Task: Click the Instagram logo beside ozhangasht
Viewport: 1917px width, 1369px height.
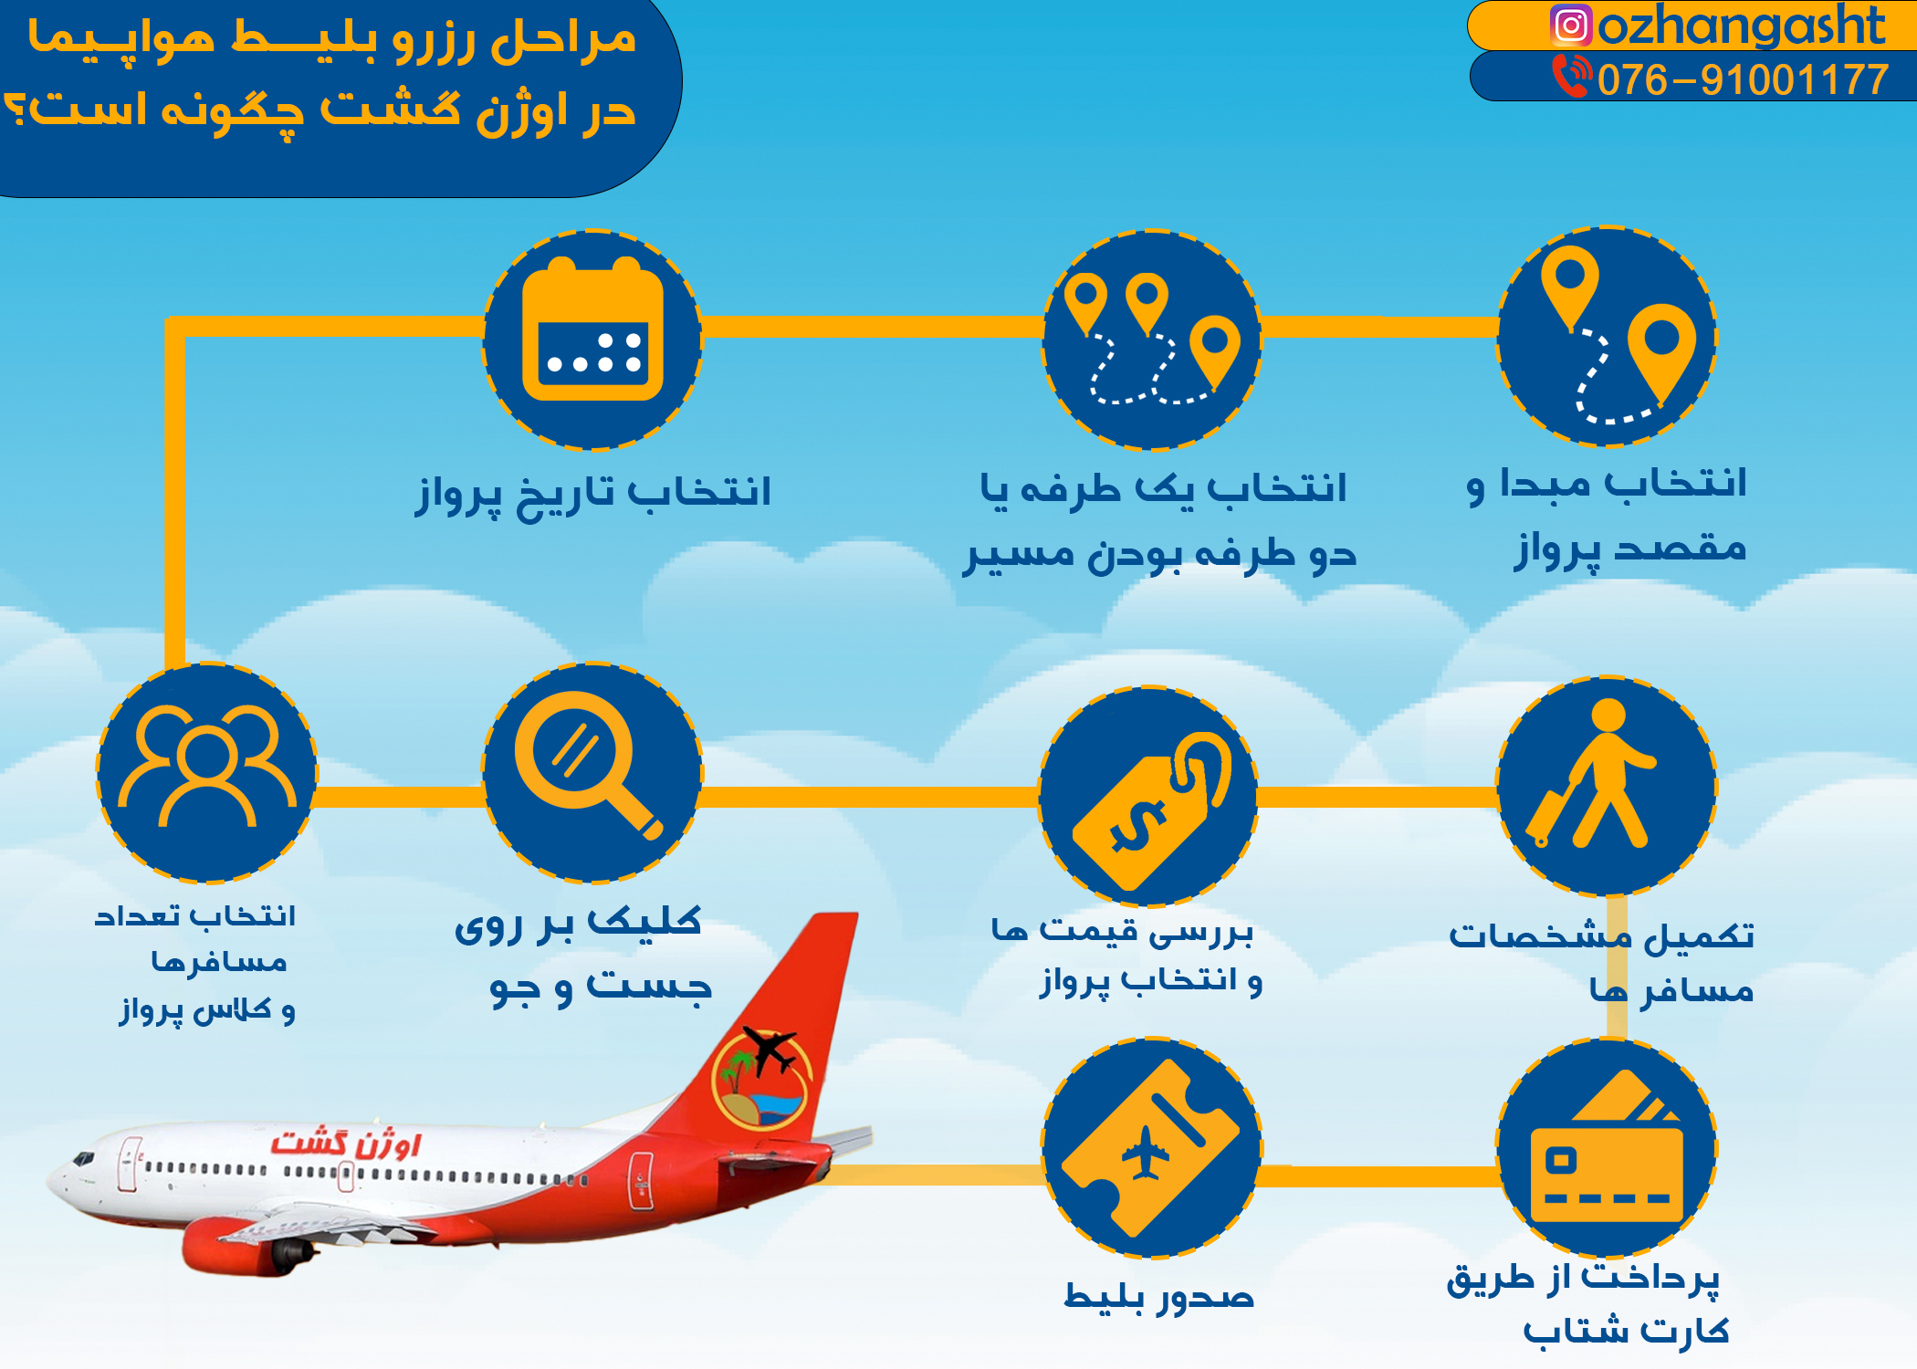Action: pyautogui.click(x=1571, y=26)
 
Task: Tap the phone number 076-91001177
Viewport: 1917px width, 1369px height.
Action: pyautogui.click(x=1743, y=79)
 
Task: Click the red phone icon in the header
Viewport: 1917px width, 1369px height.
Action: pyautogui.click(x=1571, y=76)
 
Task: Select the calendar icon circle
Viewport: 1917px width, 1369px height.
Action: pyautogui.click(x=592, y=340)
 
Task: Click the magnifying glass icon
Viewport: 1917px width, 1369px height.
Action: pyautogui.click(x=592, y=772)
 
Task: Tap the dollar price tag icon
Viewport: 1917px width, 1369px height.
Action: pyautogui.click(x=1148, y=798)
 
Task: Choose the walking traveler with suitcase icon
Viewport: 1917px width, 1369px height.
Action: pyautogui.click(x=1606, y=786)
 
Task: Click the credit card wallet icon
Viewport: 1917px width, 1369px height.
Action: pyautogui.click(x=1607, y=1148)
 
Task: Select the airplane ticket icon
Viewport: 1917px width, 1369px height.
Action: pyautogui.click(x=1151, y=1147)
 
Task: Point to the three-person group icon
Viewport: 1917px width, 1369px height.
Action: pyautogui.click(x=207, y=772)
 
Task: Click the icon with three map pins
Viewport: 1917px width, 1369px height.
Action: pyautogui.click(x=1151, y=340)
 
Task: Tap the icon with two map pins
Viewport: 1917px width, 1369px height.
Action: pyautogui.click(x=1607, y=337)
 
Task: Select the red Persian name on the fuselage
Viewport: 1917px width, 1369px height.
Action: pyautogui.click(x=347, y=1143)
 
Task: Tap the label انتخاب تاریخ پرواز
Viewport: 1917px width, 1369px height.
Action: pyautogui.click(x=593, y=493)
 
